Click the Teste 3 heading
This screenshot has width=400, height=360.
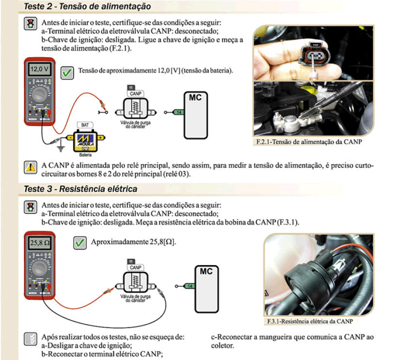click(x=80, y=188)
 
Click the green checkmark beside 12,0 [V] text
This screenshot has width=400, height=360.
click(x=66, y=73)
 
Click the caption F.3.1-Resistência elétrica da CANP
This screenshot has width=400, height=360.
click(x=310, y=321)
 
